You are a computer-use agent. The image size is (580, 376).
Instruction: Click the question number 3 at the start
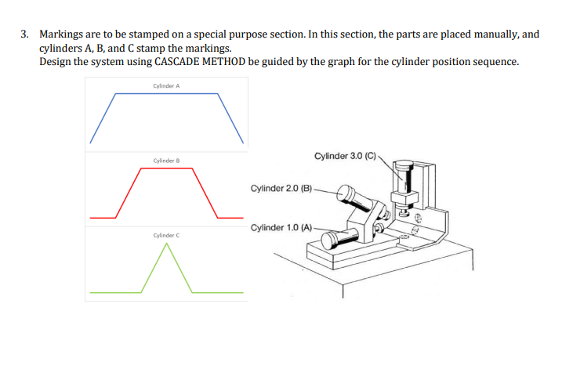coord(24,35)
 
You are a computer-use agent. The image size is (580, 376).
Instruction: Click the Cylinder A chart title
coord(166,85)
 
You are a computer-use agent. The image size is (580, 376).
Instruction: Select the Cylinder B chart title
coord(166,161)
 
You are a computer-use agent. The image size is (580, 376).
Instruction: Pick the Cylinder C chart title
coord(166,235)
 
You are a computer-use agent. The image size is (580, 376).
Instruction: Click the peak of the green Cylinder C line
coord(166,244)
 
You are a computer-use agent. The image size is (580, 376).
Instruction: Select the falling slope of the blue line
coord(234,117)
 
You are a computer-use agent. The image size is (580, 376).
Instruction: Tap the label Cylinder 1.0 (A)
coord(281,227)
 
